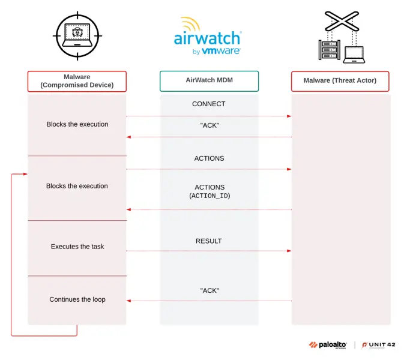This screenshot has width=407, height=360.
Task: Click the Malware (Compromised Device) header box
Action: [x=77, y=81]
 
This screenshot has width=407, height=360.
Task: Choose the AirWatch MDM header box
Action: [x=209, y=80]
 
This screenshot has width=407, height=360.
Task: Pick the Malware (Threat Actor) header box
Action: [x=340, y=80]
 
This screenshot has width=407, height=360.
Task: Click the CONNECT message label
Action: [x=208, y=104]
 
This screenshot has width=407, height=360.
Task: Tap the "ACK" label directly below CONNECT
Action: [x=209, y=125]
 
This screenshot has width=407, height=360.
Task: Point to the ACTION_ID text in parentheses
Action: [x=210, y=196]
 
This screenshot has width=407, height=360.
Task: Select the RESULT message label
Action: [x=208, y=241]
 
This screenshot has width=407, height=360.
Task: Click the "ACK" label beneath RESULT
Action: [x=209, y=290]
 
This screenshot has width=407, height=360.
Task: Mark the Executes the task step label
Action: [x=77, y=247]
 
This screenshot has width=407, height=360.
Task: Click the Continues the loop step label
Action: [x=77, y=299]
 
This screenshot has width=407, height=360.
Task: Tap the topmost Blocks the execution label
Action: [x=77, y=124]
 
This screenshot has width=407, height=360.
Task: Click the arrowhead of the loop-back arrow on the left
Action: [x=25, y=174]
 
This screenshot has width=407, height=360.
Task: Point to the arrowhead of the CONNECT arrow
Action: [x=289, y=116]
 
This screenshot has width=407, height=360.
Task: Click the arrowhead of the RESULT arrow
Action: [x=289, y=251]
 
